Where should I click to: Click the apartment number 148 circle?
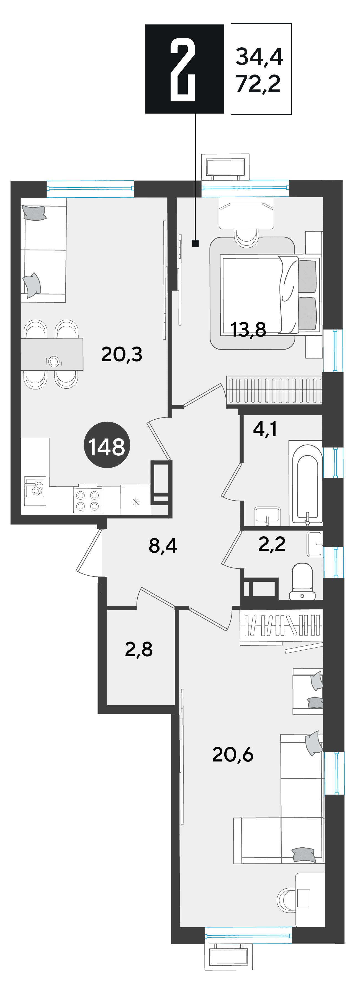coord(107,445)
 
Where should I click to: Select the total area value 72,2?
coord(258,83)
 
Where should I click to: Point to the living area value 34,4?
coord(259,57)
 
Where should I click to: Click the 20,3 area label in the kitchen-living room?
coord(122,354)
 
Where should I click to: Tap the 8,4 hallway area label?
coord(163,546)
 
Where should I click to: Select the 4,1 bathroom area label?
coord(265,429)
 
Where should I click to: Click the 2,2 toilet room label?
coord(272,544)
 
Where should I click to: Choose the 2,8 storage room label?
coord(139,649)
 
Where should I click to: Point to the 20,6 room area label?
coord(233,754)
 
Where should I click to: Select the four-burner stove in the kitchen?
coord(88,500)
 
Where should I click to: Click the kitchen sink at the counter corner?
coord(35,491)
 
